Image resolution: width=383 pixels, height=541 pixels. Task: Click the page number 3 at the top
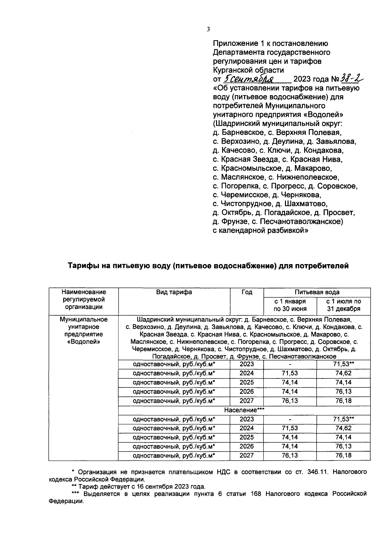[208, 29]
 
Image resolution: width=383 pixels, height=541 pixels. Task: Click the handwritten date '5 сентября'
[249, 79]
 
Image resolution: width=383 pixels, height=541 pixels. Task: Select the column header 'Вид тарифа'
[174, 292]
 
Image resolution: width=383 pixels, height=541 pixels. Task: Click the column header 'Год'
[247, 292]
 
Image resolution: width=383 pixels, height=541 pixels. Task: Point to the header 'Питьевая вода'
[317, 292]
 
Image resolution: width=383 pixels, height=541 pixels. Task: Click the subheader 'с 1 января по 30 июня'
[290, 305]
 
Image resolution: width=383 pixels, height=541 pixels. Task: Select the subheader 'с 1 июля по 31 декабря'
[343, 305]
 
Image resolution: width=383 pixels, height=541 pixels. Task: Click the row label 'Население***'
[244, 410]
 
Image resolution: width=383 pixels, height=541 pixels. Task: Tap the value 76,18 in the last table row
[343, 455]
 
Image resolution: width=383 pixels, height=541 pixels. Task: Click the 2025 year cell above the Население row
[247, 382]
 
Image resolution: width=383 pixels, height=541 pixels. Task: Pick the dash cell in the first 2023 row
[290, 364]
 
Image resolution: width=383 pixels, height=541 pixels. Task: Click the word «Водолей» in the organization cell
[84, 342]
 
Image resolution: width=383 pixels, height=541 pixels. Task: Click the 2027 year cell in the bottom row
[247, 455]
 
